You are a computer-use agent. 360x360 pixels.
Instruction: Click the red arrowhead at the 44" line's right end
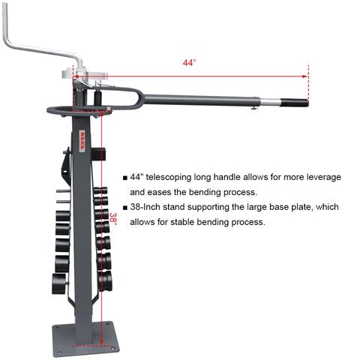click(x=306, y=76)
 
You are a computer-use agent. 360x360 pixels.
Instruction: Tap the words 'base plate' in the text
click(x=283, y=207)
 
